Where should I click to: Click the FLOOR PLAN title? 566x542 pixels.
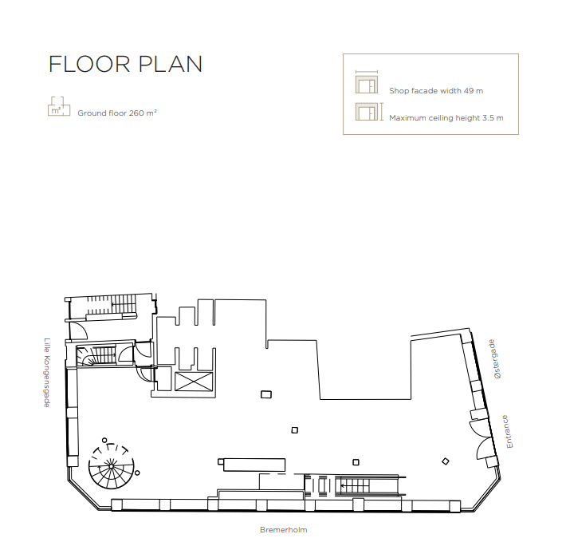(125, 65)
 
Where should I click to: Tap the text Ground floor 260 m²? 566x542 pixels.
(117, 113)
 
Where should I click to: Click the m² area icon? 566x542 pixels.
(59, 106)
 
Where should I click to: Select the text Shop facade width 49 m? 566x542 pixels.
(436, 91)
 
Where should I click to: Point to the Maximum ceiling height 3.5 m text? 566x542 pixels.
(446, 118)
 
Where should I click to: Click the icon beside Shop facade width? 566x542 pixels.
(367, 82)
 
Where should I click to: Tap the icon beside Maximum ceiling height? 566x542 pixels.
(369, 112)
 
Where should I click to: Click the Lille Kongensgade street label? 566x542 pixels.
(47, 373)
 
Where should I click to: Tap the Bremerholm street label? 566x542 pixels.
(283, 530)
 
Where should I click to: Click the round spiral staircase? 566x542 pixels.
(111, 466)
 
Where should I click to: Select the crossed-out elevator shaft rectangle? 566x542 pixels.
(194, 382)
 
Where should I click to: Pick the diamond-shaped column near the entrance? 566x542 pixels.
(446, 461)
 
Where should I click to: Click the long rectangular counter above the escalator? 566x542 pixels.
(254, 465)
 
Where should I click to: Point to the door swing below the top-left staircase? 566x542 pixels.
(78, 330)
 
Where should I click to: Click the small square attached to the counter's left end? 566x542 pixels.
(221, 462)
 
